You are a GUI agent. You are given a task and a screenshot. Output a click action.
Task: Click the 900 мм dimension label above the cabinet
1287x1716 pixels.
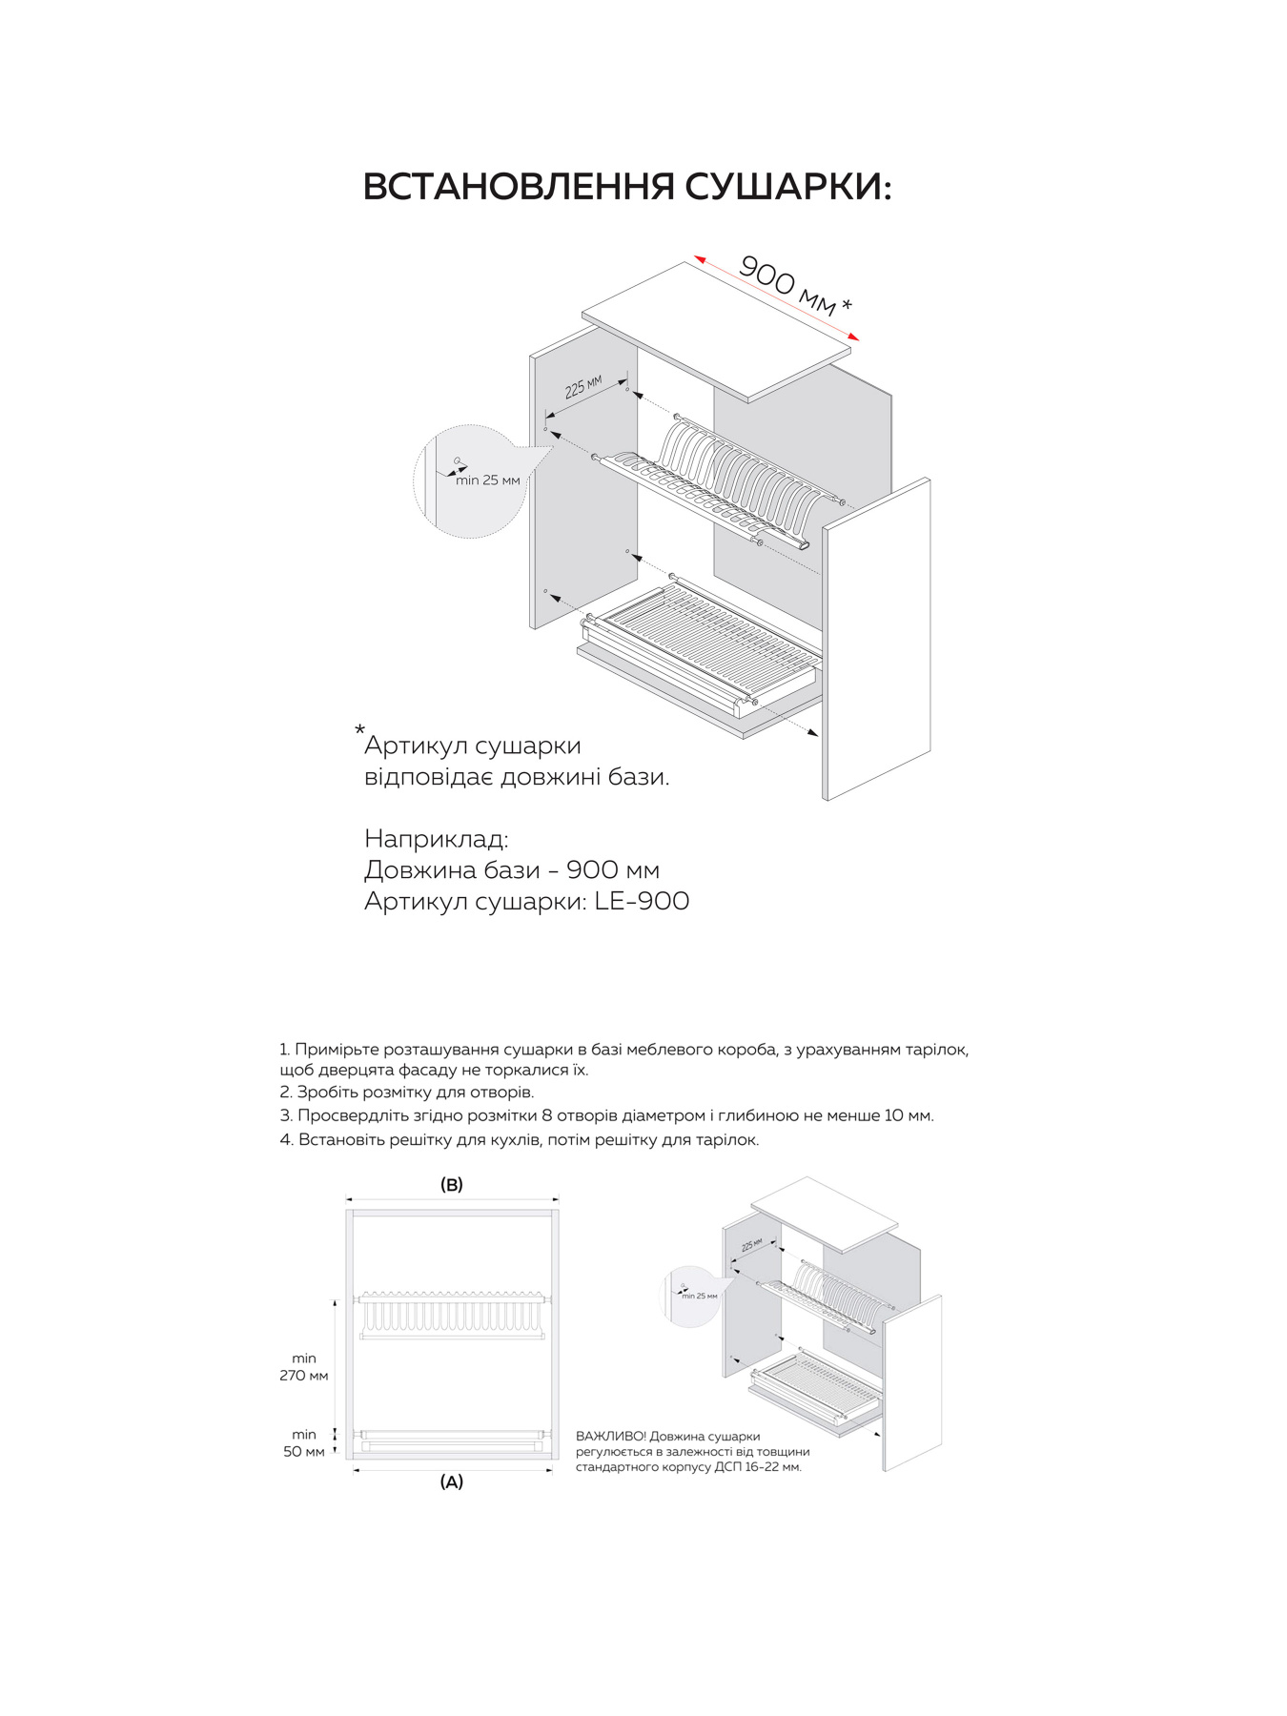point(786,285)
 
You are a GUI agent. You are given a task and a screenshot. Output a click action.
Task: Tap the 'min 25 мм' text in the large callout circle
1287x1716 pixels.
point(487,480)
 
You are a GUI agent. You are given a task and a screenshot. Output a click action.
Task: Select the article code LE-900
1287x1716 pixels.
point(642,901)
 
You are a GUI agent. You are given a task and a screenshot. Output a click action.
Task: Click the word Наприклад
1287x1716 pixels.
point(436,839)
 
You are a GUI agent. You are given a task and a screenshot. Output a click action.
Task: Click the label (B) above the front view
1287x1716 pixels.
point(451,1185)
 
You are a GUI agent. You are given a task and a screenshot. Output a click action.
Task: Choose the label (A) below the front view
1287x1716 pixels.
point(451,1482)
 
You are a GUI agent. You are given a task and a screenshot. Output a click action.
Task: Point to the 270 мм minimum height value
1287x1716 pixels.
point(304,1376)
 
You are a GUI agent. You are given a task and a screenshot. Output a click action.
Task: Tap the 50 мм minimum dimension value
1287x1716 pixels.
point(304,1452)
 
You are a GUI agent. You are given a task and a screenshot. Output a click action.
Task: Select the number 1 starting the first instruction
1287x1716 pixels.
point(284,1050)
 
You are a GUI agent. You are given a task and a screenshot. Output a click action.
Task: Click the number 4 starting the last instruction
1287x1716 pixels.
point(285,1140)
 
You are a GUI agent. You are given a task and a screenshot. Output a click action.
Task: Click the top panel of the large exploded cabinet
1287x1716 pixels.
point(715,329)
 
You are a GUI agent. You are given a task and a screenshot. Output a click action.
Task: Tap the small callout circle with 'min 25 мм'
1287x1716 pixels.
point(692,1295)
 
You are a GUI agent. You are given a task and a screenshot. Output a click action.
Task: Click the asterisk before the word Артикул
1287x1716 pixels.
point(359,731)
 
